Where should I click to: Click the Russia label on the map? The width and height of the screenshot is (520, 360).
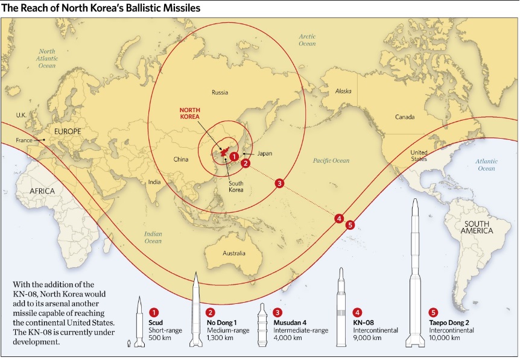220,92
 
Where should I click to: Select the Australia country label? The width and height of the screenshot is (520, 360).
233,253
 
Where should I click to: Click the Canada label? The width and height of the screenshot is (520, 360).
405,116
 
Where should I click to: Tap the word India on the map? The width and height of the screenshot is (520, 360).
154,182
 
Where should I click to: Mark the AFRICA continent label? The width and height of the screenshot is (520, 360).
38,191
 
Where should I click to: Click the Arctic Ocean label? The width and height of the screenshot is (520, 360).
307,40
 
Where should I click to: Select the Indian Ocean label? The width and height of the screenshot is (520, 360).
153,237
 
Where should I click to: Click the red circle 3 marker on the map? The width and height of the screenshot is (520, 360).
279,183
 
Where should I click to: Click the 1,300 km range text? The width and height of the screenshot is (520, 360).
220,338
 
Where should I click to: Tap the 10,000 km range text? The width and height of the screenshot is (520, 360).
445,338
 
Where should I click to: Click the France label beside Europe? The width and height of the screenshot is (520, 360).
24,141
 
